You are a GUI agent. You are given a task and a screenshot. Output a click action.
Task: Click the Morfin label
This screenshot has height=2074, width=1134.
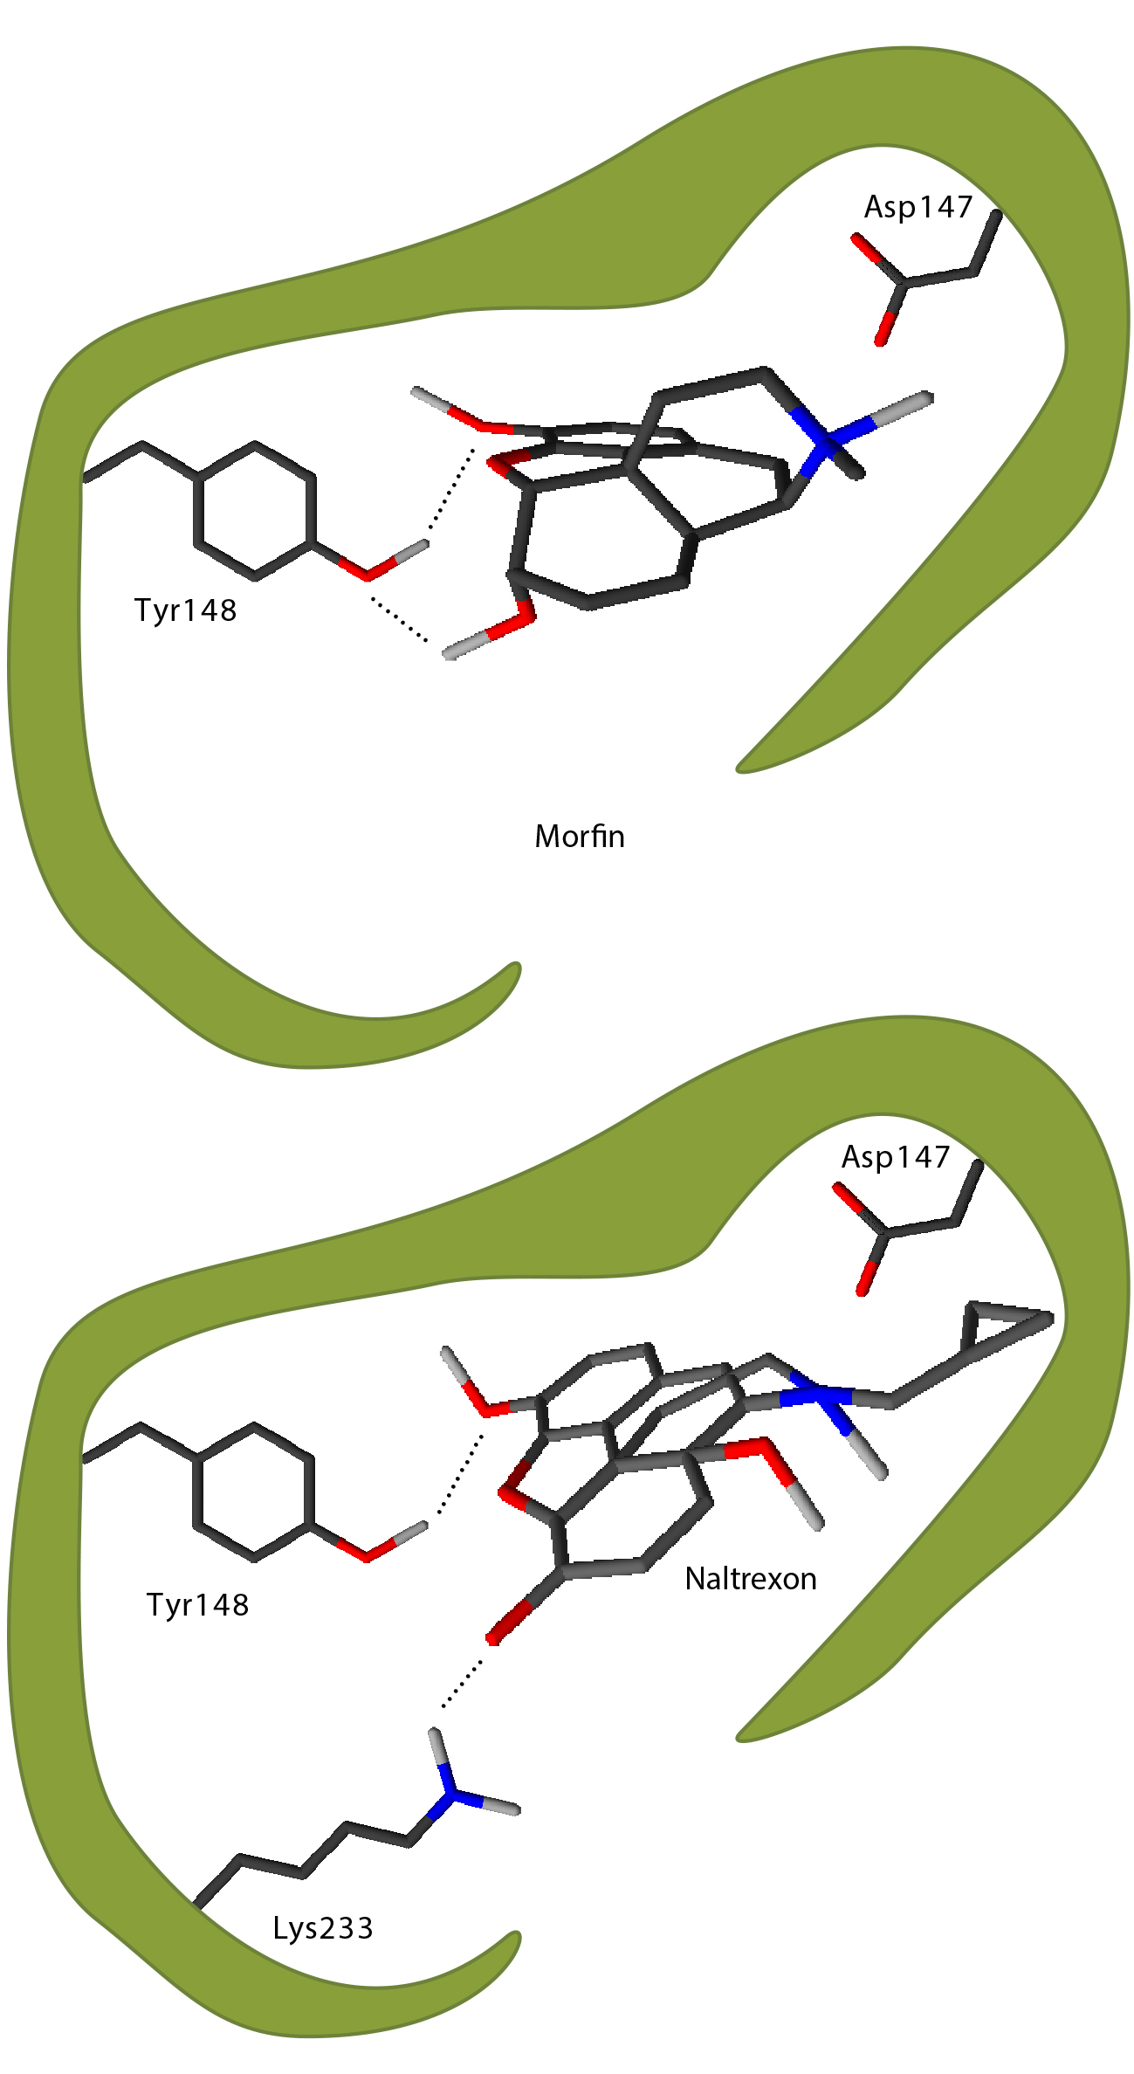(x=580, y=837)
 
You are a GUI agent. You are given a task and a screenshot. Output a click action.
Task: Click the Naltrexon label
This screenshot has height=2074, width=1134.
(x=751, y=1579)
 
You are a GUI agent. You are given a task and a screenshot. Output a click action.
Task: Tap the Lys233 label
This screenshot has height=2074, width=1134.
(x=323, y=1929)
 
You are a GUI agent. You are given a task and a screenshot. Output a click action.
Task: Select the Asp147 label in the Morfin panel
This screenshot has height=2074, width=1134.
(x=918, y=207)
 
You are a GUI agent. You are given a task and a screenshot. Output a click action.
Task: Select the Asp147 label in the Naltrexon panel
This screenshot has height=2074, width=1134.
(x=896, y=1157)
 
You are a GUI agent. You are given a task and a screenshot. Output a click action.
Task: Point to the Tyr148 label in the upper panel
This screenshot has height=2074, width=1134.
(x=186, y=610)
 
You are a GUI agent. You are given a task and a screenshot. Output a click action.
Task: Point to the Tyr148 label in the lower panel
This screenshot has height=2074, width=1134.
(x=198, y=1605)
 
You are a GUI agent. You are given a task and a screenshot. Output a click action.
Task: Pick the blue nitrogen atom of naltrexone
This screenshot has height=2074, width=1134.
(x=819, y=1398)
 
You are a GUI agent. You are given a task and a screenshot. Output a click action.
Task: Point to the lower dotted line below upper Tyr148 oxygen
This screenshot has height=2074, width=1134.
(x=400, y=621)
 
